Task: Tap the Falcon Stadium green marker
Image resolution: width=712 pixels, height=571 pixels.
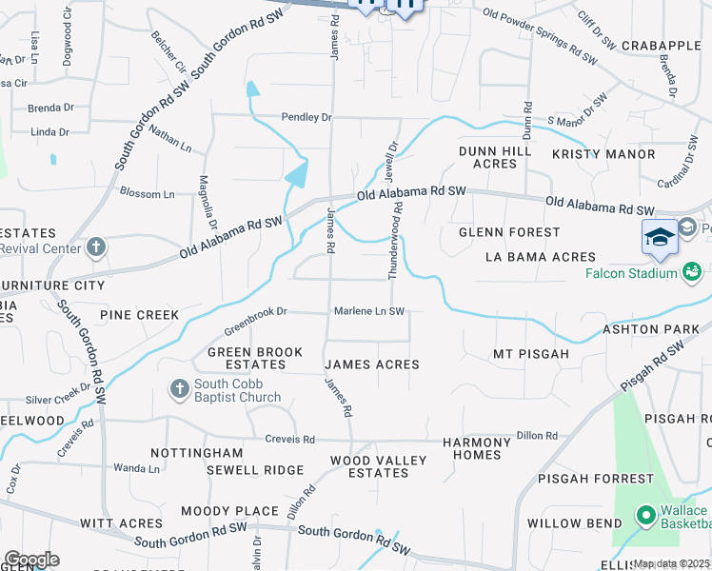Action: [x=692, y=273]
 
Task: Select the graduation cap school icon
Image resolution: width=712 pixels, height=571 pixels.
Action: [x=660, y=238]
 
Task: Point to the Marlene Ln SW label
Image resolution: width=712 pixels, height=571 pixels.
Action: [x=369, y=311]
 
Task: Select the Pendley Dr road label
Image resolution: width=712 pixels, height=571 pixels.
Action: [x=306, y=117]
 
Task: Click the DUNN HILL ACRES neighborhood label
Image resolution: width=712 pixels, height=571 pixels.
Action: [x=487, y=157]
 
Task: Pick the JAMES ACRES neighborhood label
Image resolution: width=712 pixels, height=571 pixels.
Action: [x=371, y=364]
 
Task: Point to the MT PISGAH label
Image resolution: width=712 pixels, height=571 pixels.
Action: [x=530, y=354]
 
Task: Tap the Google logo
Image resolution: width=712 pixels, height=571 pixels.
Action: [x=31, y=560]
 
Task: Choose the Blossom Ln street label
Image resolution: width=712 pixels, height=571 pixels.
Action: [x=147, y=193]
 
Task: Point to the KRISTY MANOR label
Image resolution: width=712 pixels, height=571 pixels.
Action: [x=603, y=154]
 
